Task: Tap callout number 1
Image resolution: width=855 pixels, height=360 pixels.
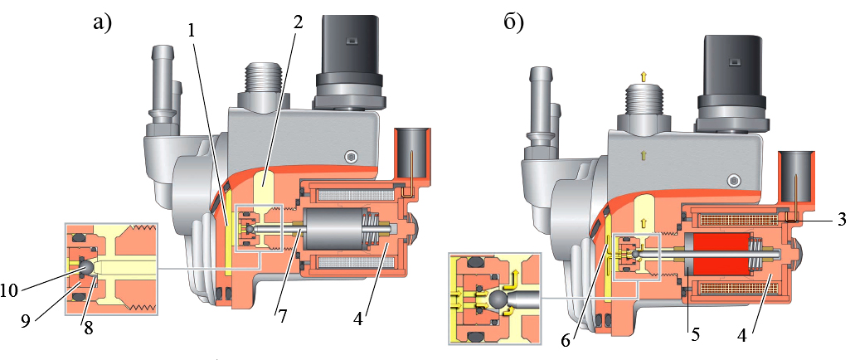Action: [192, 32]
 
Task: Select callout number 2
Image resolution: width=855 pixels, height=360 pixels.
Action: [298, 22]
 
